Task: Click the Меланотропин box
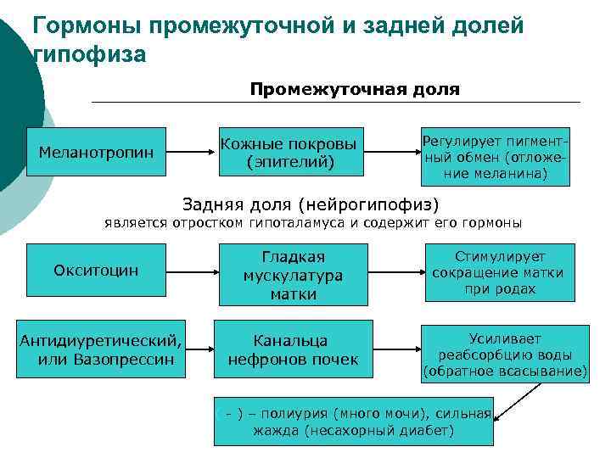(x=96, y=153)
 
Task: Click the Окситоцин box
(x=96, y=270)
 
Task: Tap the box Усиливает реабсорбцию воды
(x=505, y=354)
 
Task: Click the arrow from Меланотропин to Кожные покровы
(x=188, y=153)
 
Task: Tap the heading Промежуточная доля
(x=355, y=89)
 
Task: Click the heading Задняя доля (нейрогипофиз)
(x=311, y=204)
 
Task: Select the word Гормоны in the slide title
(x=87, y=25)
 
